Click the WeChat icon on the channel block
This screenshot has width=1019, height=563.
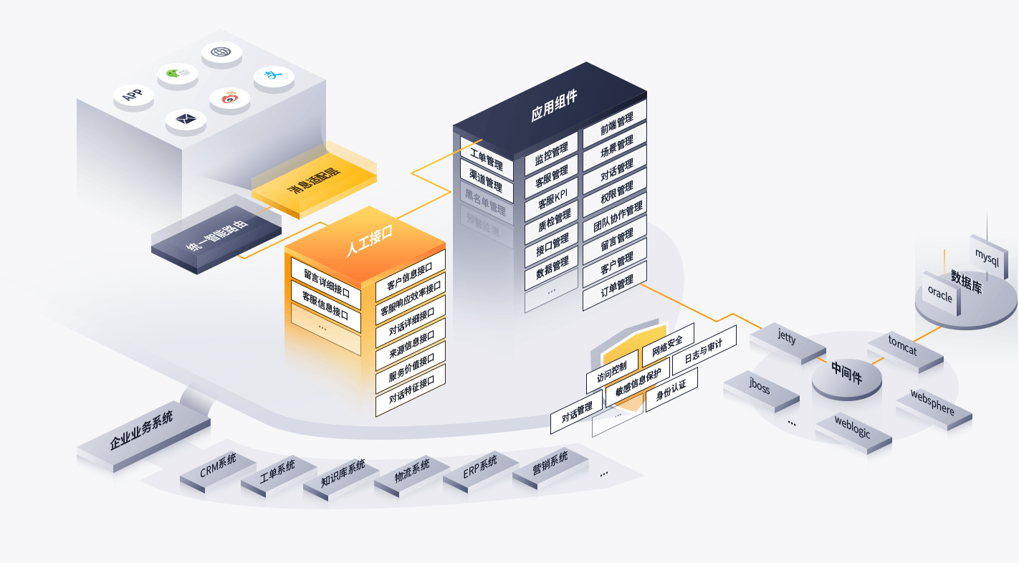pyautogui.click(x=178, y=74)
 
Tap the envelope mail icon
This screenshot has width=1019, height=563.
pyautogui.click(x=186, y=119)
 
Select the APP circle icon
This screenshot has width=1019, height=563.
pyautogui.click(x=133, y=95)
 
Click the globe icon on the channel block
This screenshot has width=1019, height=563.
pyautogui.click(x=221, y=52)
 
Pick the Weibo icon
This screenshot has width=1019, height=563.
pyautogui.click(x=229, y=97)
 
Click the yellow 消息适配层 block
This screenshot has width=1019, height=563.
pyautogui.click(x=314, y=181)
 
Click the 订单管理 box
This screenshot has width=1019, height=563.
pyautogui.click(x=614, y=286)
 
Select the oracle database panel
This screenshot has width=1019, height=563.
pyautogui.click(x=940, y=294)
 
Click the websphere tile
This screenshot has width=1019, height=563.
pyautogui.click(x=933, y=403)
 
